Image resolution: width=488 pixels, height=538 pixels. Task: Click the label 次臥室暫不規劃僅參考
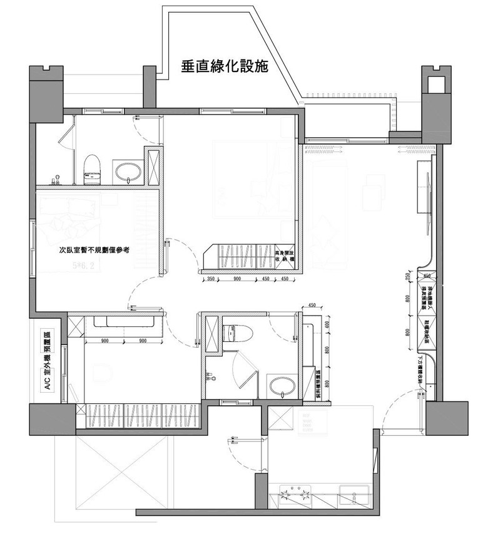(x=94, y=249)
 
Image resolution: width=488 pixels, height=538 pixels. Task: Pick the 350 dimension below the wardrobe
(x=211, y=279)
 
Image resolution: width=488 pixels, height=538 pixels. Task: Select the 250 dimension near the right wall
(x=408, y=277)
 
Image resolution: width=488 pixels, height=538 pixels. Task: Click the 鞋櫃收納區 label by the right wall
(x=427, y=329)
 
